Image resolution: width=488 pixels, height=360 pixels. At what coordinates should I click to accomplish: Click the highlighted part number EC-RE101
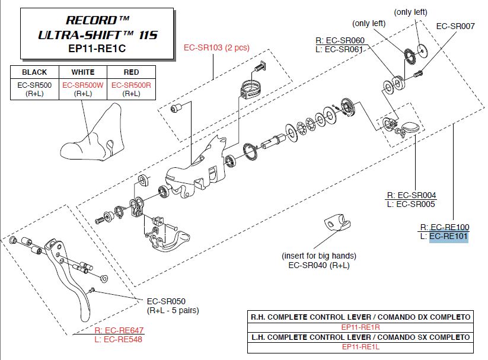point(449,237)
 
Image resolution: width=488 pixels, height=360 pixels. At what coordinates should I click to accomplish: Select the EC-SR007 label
point(455,26)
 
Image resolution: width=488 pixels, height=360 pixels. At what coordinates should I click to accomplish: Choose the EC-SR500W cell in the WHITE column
point(82,85)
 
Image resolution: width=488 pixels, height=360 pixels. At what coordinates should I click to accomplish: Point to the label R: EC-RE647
point(119,330)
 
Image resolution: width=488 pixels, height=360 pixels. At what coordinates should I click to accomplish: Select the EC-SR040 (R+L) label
point(319,265)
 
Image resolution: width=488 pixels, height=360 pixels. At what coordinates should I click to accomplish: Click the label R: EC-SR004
point(411,195)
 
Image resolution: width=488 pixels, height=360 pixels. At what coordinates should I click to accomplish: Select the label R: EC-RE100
point(444,227)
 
